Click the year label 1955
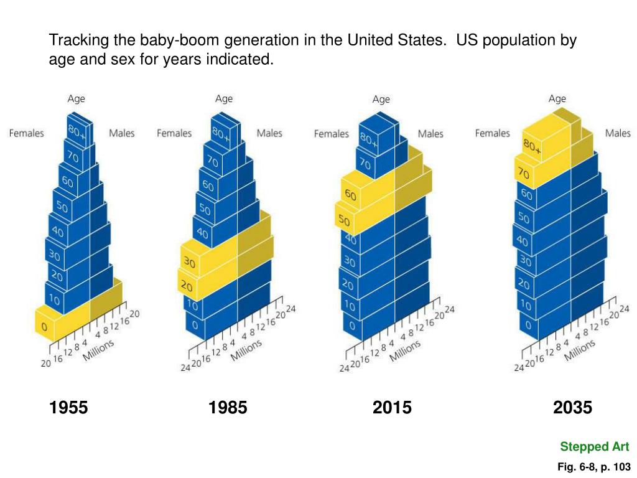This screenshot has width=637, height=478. pos(68,408)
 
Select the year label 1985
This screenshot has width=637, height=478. pos(228,408)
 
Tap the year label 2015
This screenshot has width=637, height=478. pos(392,408)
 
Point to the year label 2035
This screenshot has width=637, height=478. pos(572,408)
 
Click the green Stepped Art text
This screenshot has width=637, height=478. pos(594,446)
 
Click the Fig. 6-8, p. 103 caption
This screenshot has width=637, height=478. pos(594,467)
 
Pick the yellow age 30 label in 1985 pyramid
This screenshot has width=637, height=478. pos(189,263)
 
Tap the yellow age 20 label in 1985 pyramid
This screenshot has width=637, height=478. pos(186,286)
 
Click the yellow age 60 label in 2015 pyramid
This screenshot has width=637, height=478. pos(350,195)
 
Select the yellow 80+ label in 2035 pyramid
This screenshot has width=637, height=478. pos(532,147)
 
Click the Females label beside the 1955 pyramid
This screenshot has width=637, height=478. pos(26,133)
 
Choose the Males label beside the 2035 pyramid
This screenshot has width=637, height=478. pos(618,133)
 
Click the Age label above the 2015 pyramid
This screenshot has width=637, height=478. pos(381,100)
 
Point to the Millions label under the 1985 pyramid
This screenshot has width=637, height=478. pos(246,349)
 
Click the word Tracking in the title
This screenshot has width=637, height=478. pos(79,41)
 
